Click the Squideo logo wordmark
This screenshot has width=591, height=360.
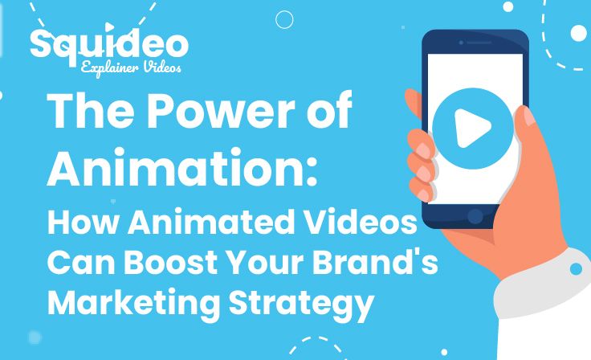pyautogui.click(x=109, y=44)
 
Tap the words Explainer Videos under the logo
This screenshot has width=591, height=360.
pyautogui.click(x=131, y=68)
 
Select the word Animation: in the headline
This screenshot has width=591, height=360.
pyautogui.click(x=182, y=168)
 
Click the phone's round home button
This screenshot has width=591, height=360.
pyautogui.click(x=475, y=216)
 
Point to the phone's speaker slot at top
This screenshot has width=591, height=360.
pyautogui.click(x=479, y=43)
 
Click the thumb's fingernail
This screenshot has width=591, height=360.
pyautogui.click(x=529, y=117)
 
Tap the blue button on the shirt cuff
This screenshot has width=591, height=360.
pyautogui.click(x=576, y=268)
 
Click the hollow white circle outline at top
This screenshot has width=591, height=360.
pyautogui.click(x=284, y=19)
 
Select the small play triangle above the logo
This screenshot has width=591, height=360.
pyautogui.click(x=109, y=27)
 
